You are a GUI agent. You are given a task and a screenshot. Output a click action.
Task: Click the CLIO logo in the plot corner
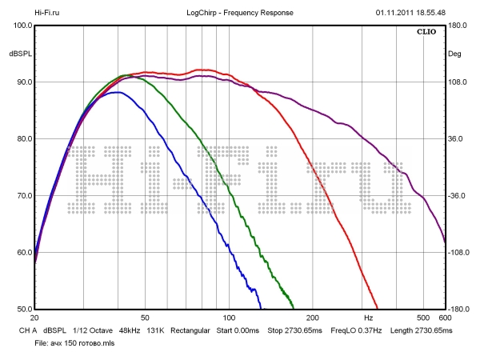pos(426,33)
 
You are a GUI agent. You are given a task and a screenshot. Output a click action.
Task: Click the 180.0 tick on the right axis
pos(458,25)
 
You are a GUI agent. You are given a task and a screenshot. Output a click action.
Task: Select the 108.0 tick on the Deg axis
pos(458,82)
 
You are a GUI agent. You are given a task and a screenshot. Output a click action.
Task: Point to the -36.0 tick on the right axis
pos(458,195)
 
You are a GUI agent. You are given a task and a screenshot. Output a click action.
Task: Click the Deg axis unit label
pos(455,54)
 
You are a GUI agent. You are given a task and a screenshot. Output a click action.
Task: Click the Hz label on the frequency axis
pos(369,318)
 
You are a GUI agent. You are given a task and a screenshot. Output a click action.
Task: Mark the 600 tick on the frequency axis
pos(444,318)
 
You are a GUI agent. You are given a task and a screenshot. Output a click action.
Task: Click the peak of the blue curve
pos(117,93)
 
